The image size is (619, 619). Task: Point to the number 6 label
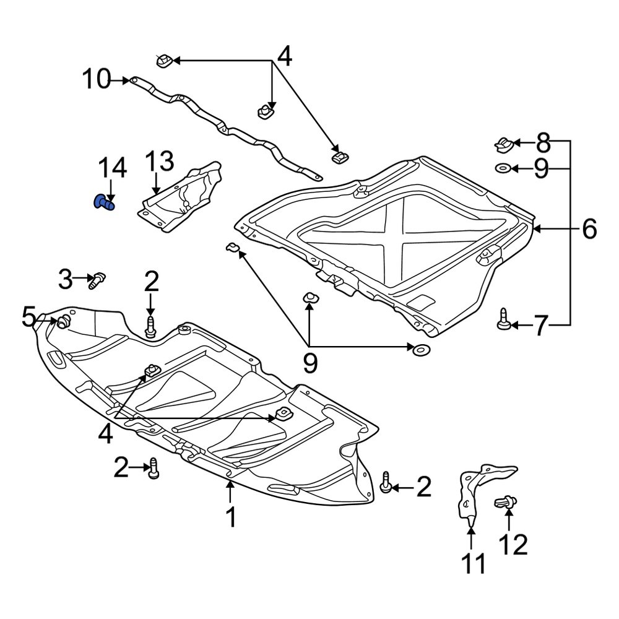tap(589, 229)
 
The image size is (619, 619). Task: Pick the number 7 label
tap(540, 325)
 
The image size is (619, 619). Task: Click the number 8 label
tap(542, 144)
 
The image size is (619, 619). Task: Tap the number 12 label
tap(513, 545)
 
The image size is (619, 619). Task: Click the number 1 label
tap(230, 517)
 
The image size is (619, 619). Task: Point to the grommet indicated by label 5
tap(63, 321)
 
